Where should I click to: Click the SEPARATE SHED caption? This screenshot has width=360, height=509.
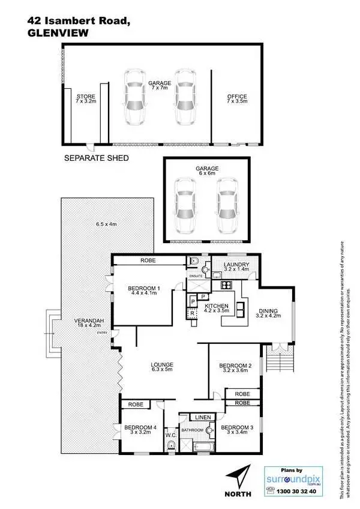coord(97,158)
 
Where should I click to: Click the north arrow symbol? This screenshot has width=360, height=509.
coord(239,478)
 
